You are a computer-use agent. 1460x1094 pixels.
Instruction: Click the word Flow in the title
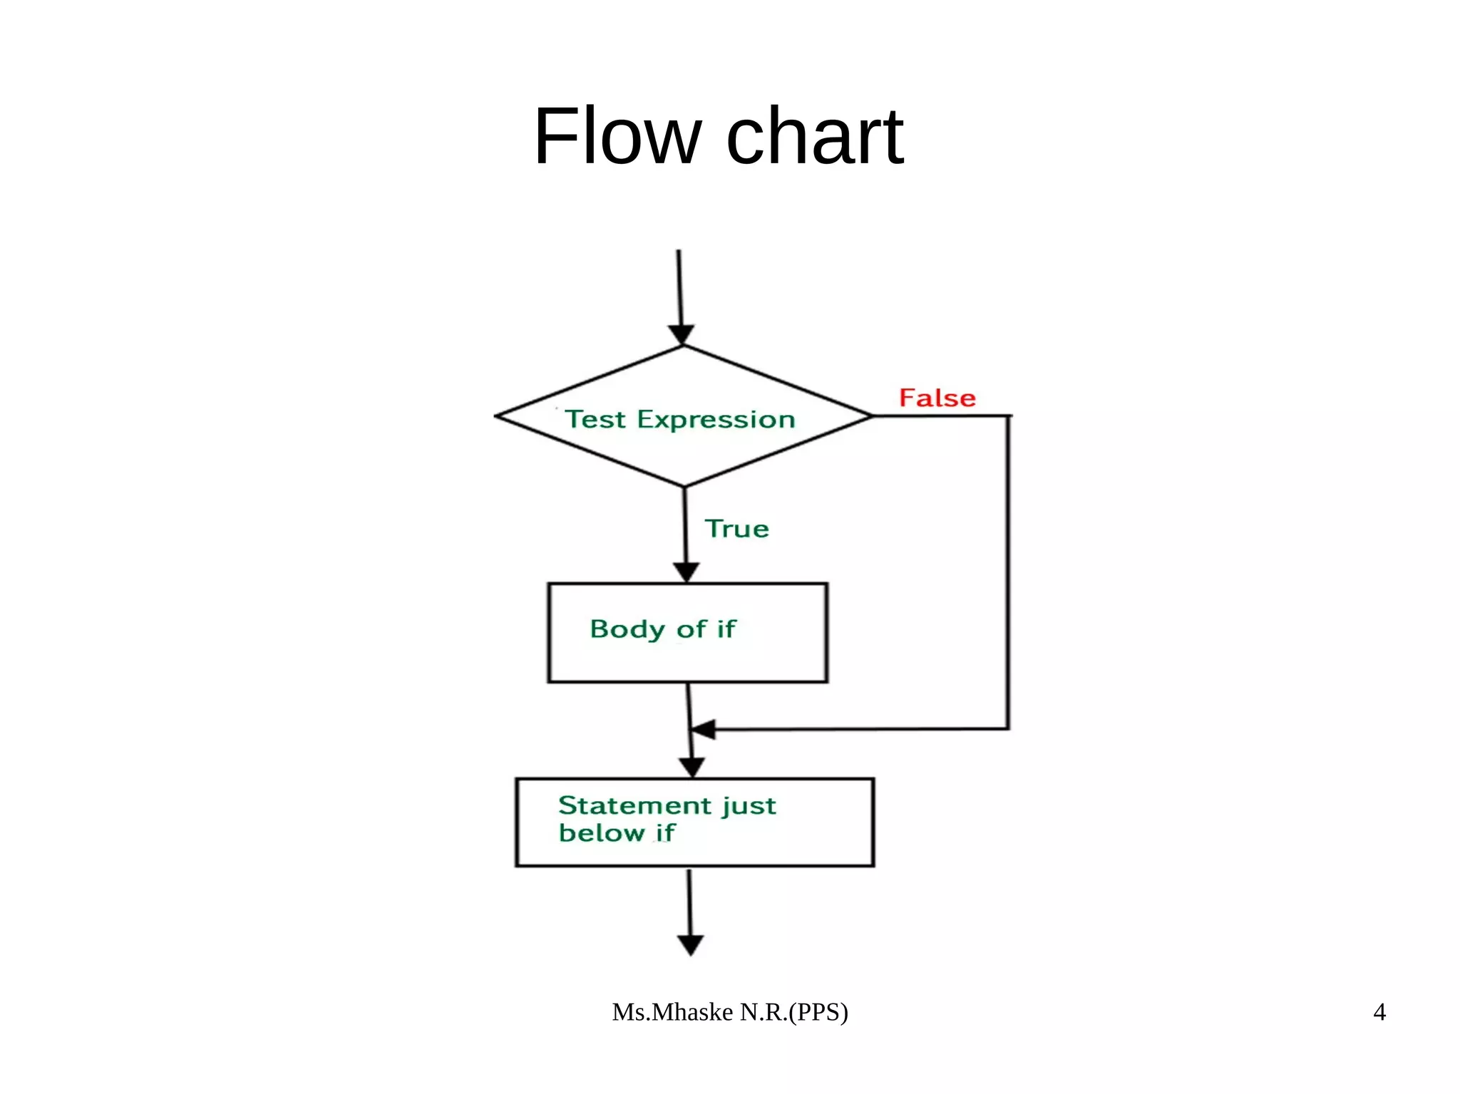click(x=617, y=136)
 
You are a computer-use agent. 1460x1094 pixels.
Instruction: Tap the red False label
click(x=937, y=398)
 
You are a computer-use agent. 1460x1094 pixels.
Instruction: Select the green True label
click(x=736, y=529)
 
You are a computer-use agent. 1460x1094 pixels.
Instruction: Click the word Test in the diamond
click(x=595, y=419)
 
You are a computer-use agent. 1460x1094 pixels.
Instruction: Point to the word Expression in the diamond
click(x=716, y=420)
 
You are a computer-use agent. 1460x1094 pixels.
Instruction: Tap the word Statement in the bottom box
click(x=634, y=805)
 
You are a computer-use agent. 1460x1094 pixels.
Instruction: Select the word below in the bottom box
click(x=601, y=832)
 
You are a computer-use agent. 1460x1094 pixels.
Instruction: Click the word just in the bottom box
click(x=748, y=806)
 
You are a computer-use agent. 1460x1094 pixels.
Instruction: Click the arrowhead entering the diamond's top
click(x=682, y=334)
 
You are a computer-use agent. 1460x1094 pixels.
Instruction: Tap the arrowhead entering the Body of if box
click(x=686, y=572)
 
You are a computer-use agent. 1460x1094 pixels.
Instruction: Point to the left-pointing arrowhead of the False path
click(x=703, y=730)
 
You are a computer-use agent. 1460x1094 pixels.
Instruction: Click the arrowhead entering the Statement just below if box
click(x=692, y=767)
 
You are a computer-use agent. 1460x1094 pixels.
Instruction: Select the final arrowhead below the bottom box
click(x=690, y=945)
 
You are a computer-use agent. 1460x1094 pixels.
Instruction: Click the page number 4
click(x=1379, y=1012)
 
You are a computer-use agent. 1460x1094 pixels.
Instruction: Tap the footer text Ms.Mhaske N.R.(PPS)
click(x=729, y=1012)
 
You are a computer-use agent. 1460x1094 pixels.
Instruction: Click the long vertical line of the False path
click(x=1008, y=570)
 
